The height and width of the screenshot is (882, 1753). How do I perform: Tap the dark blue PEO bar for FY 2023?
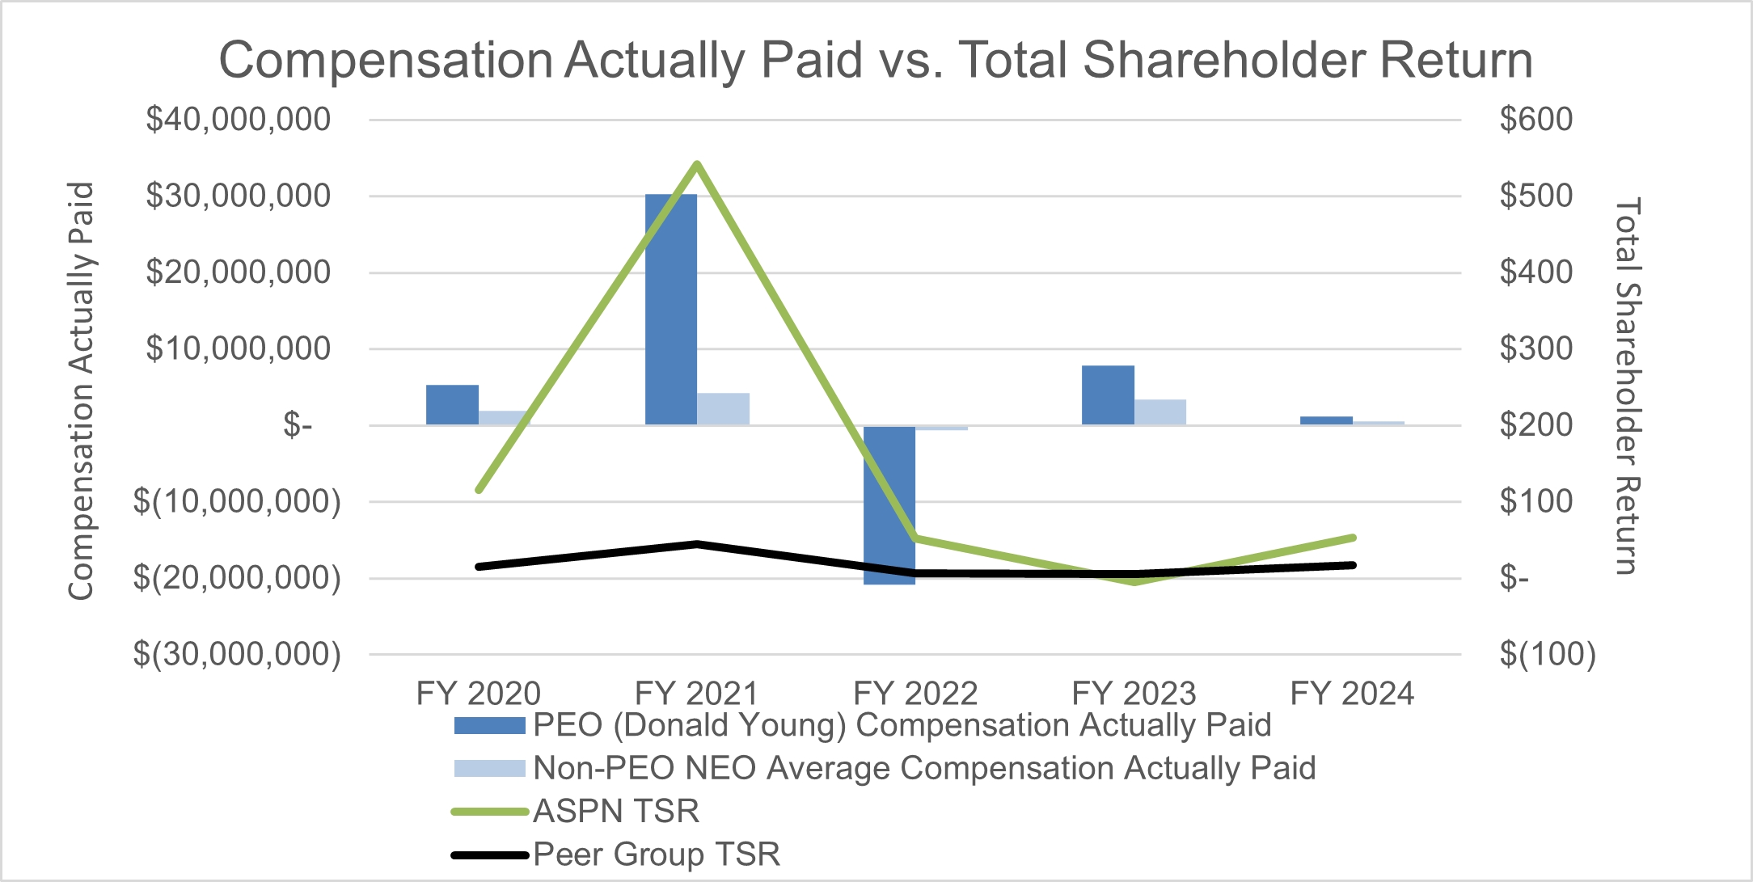click(x=1108, y=395)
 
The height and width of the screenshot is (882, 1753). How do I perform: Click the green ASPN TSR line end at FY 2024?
click(x=1353, y=538)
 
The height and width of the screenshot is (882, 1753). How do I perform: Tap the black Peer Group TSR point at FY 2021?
click(x=697, y=544)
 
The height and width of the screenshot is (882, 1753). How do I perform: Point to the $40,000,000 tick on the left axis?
click(x=238, y=120)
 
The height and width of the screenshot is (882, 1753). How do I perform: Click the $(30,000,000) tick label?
click(x=237, y=654)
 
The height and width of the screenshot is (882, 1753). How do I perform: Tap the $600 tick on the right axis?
click(x=1535, y=120)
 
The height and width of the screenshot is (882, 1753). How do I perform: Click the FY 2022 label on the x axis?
click(x=915, y=694)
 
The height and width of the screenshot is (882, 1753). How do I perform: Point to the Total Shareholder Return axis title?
click(x=1627, y=386)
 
